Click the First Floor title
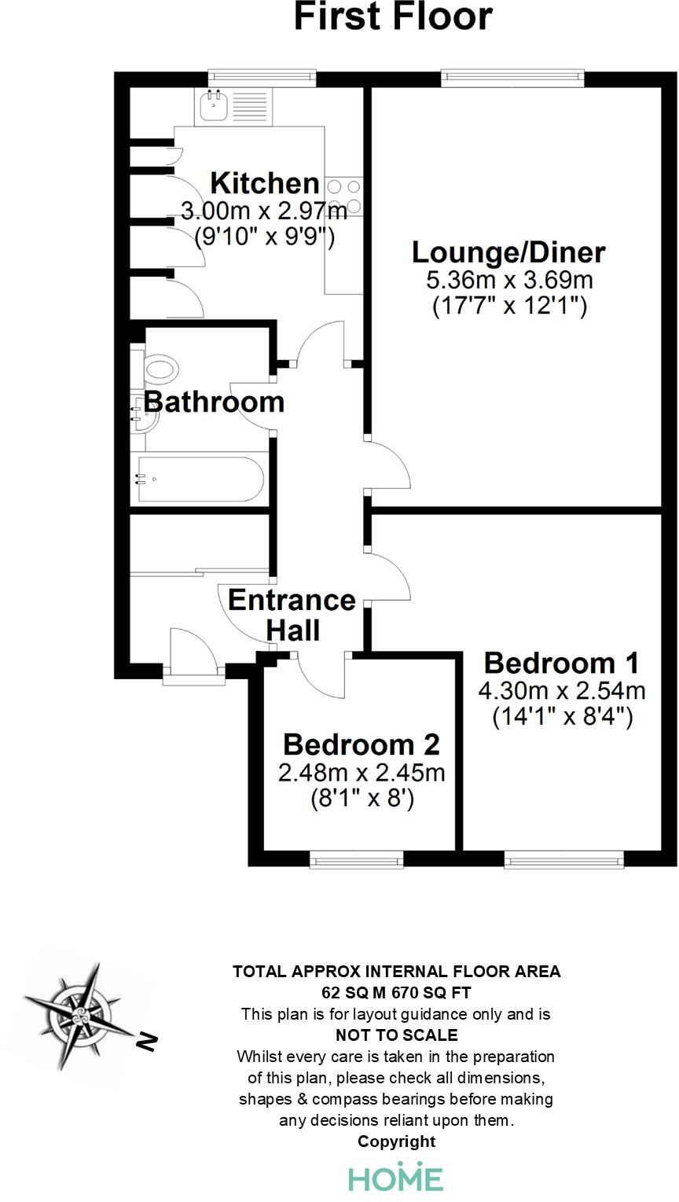click(x=393, y=17)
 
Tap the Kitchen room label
click(x=265, y=184)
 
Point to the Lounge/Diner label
click(x=508, y=253)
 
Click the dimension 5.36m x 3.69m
click(x=509, y=279)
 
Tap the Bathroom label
click(x=214, y=402)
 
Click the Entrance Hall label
click(x=292, y=615)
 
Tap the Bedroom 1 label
click(x=561, y=663)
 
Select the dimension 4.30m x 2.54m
click(x=561, y=691)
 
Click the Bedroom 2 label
click(x=361, y=744)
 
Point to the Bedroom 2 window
click(x=357, y=862)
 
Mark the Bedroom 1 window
click(x=564, y=862)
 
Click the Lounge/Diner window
click(x=513, y=76)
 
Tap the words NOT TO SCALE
click(x=396, y=1035)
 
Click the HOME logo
click(x=396, y=1178)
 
